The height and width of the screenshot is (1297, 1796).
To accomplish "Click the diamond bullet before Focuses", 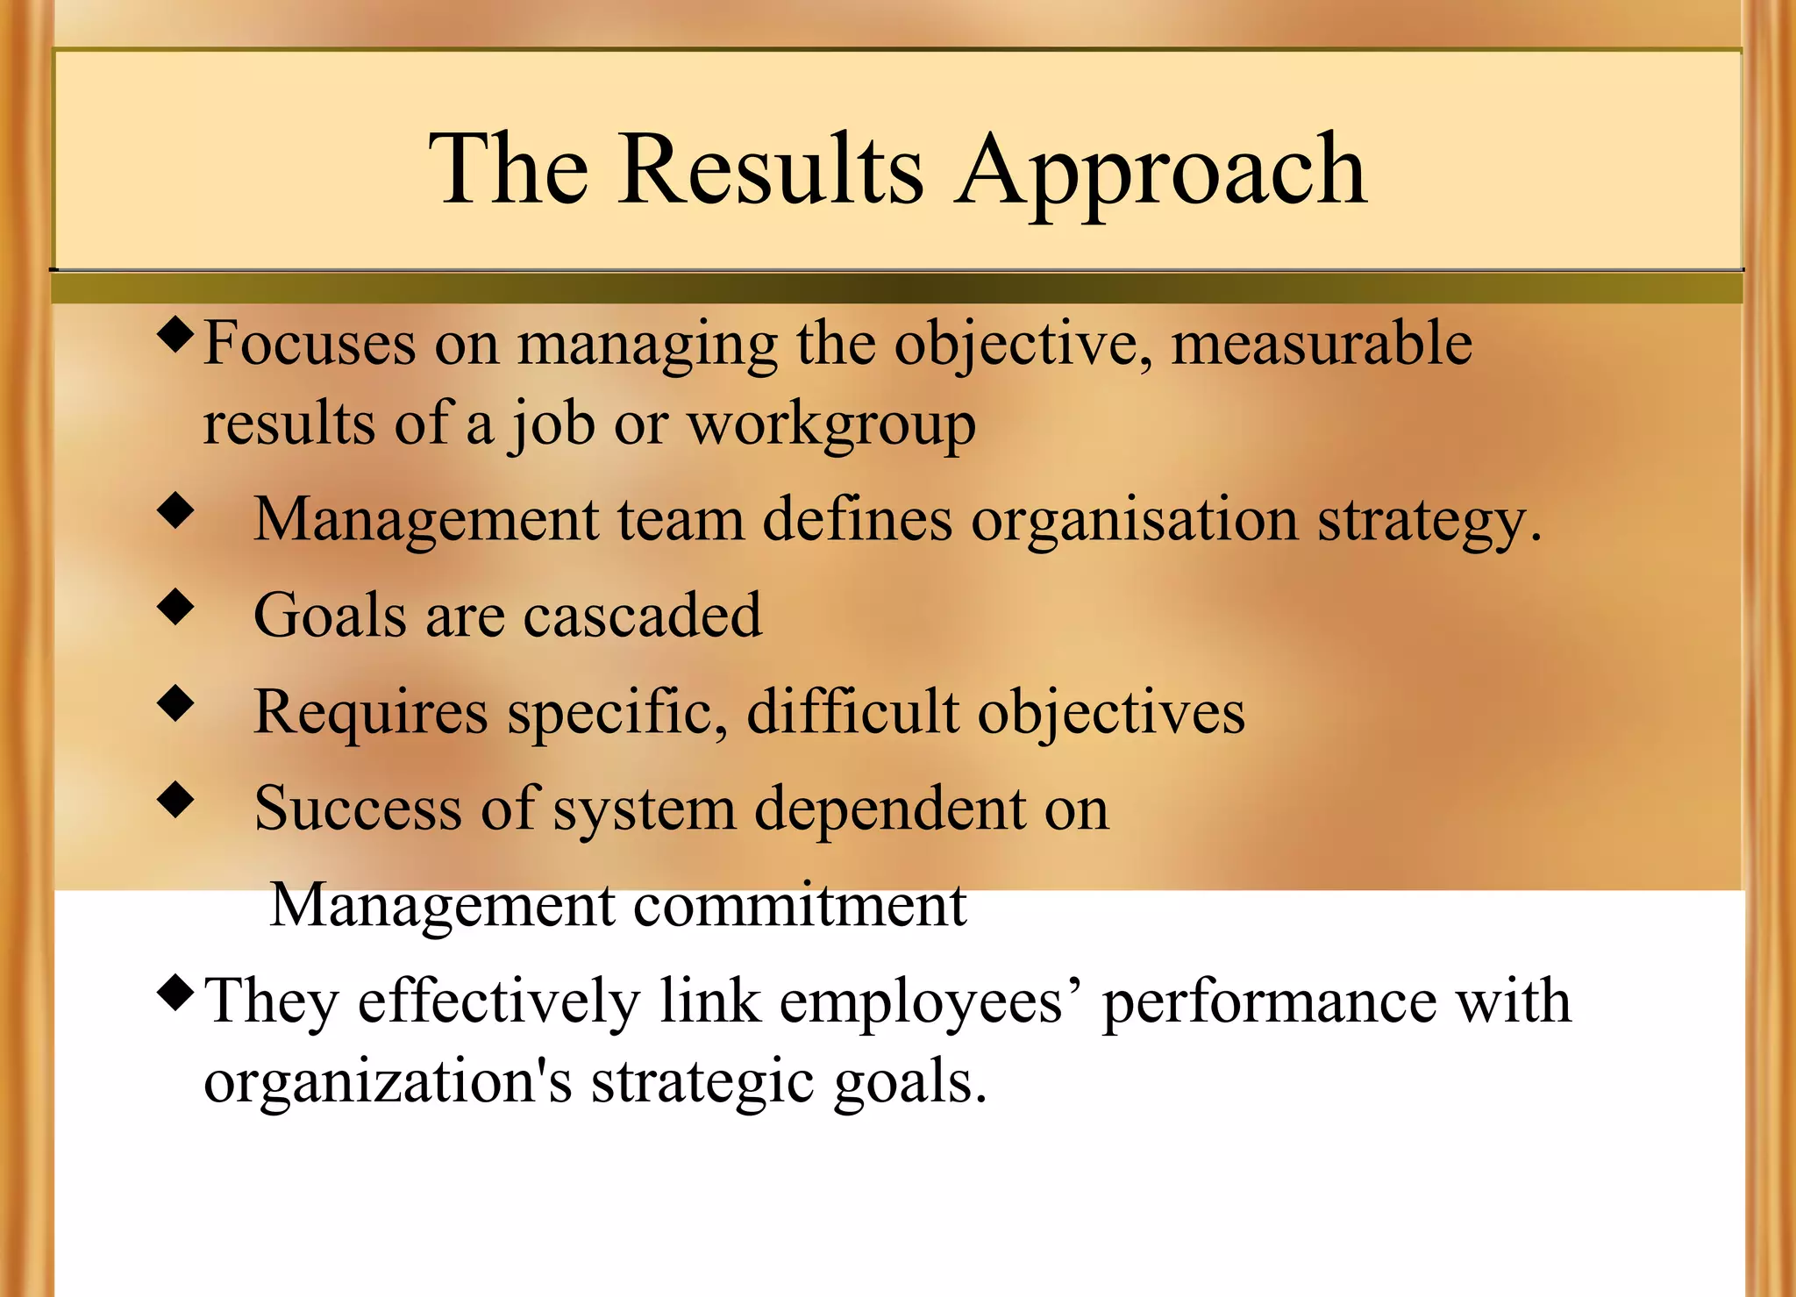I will coord(176,337).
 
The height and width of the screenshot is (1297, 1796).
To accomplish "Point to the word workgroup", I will coord(830,425).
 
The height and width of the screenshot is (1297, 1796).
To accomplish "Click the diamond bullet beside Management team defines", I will coord(176,511).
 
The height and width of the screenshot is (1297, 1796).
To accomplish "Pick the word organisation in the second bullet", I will coord(1134,520).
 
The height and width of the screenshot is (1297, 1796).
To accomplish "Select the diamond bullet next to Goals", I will coord(176,607).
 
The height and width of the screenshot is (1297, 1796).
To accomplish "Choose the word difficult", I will coord(852,711).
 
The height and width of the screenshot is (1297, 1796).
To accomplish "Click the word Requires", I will coord(370,712).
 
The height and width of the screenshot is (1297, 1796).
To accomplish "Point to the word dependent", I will coord(888,808).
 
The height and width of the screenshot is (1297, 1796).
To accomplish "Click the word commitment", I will coord(799,905).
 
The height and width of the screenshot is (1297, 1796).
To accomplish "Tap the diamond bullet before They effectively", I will coord(176,993).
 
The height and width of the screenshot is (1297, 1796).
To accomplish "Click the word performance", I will coord(1269,1002).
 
